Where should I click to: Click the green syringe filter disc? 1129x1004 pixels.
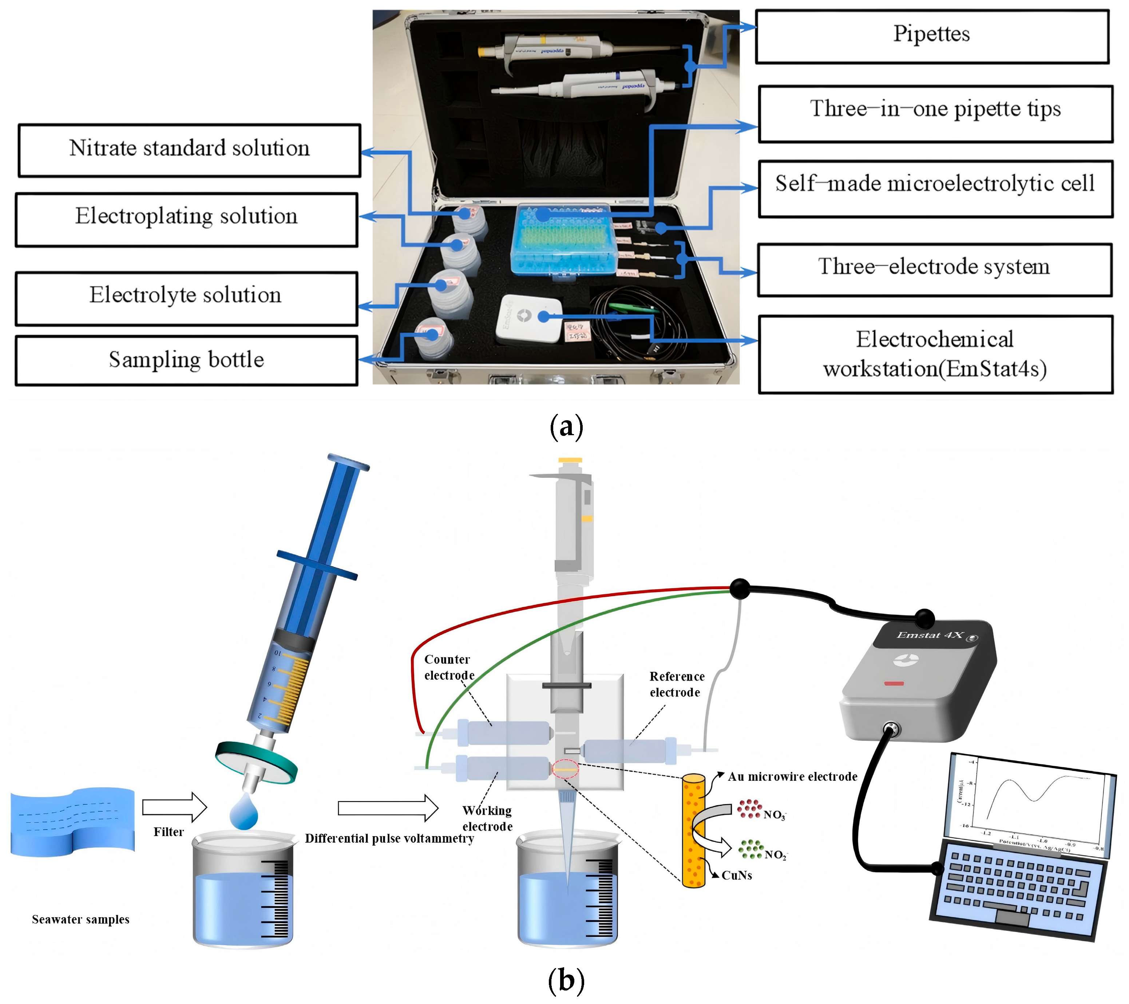[x=256, y=761]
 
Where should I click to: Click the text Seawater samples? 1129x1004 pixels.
[x=81, y=920]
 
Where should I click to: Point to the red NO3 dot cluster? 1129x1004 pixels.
[x=749, y=808]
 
